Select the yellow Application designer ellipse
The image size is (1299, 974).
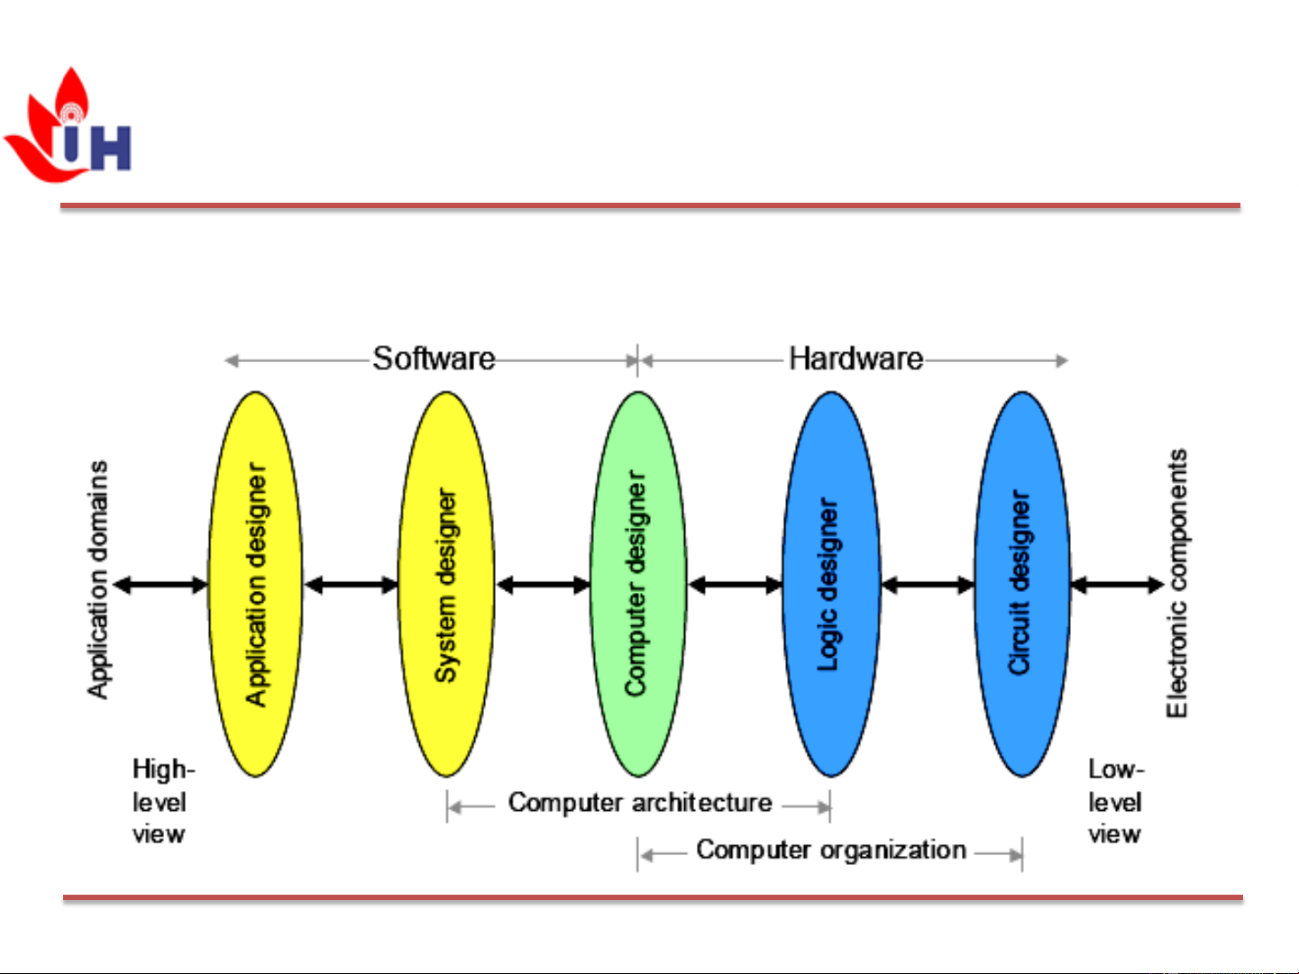[256, 584]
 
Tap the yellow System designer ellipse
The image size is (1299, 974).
[446, 584]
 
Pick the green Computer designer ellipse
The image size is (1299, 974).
[637, 584]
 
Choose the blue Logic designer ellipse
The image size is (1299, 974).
[829, 584]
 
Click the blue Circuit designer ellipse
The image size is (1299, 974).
[1021, 584]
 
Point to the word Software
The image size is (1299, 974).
[434, 359]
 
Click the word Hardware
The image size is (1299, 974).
[855, 359]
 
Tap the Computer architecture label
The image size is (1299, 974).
[640, 802]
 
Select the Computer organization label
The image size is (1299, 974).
[830, 850]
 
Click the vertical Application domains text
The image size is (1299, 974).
[97, 580]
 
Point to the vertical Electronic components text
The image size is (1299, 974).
[1177, 584]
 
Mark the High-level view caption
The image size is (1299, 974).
[161, 801]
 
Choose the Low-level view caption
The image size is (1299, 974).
[1115, 801]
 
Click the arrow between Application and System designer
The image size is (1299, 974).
[351, 586]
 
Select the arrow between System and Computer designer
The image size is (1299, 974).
[543, 586]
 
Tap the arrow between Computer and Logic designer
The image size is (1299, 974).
[735, 586]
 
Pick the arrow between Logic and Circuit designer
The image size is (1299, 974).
[927, 586]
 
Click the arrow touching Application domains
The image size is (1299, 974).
[161, 586]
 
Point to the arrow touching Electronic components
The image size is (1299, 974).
[1116, 586]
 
